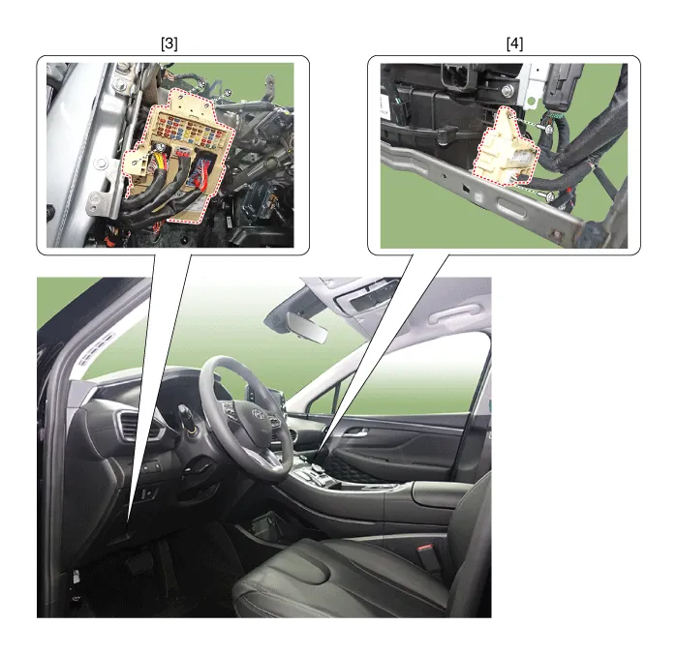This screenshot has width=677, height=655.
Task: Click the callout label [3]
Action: (x=169, y=44)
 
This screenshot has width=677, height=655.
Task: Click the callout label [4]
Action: (x=514, y=44)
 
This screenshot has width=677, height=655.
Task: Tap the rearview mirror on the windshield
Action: (x=308, y=327)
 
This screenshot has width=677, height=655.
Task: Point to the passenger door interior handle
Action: (x=354, y=432)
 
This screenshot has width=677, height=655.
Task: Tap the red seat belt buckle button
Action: (x=423, y=550)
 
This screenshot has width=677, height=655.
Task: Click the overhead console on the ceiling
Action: (x=366, y=296)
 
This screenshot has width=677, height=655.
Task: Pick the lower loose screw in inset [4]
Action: (x=549, y=197)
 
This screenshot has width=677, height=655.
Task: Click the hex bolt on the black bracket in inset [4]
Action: (x=508, y=91)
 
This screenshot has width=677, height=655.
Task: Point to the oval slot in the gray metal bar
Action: (x=513, y=209)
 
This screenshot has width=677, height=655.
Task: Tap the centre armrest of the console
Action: (x=441, y=492)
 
